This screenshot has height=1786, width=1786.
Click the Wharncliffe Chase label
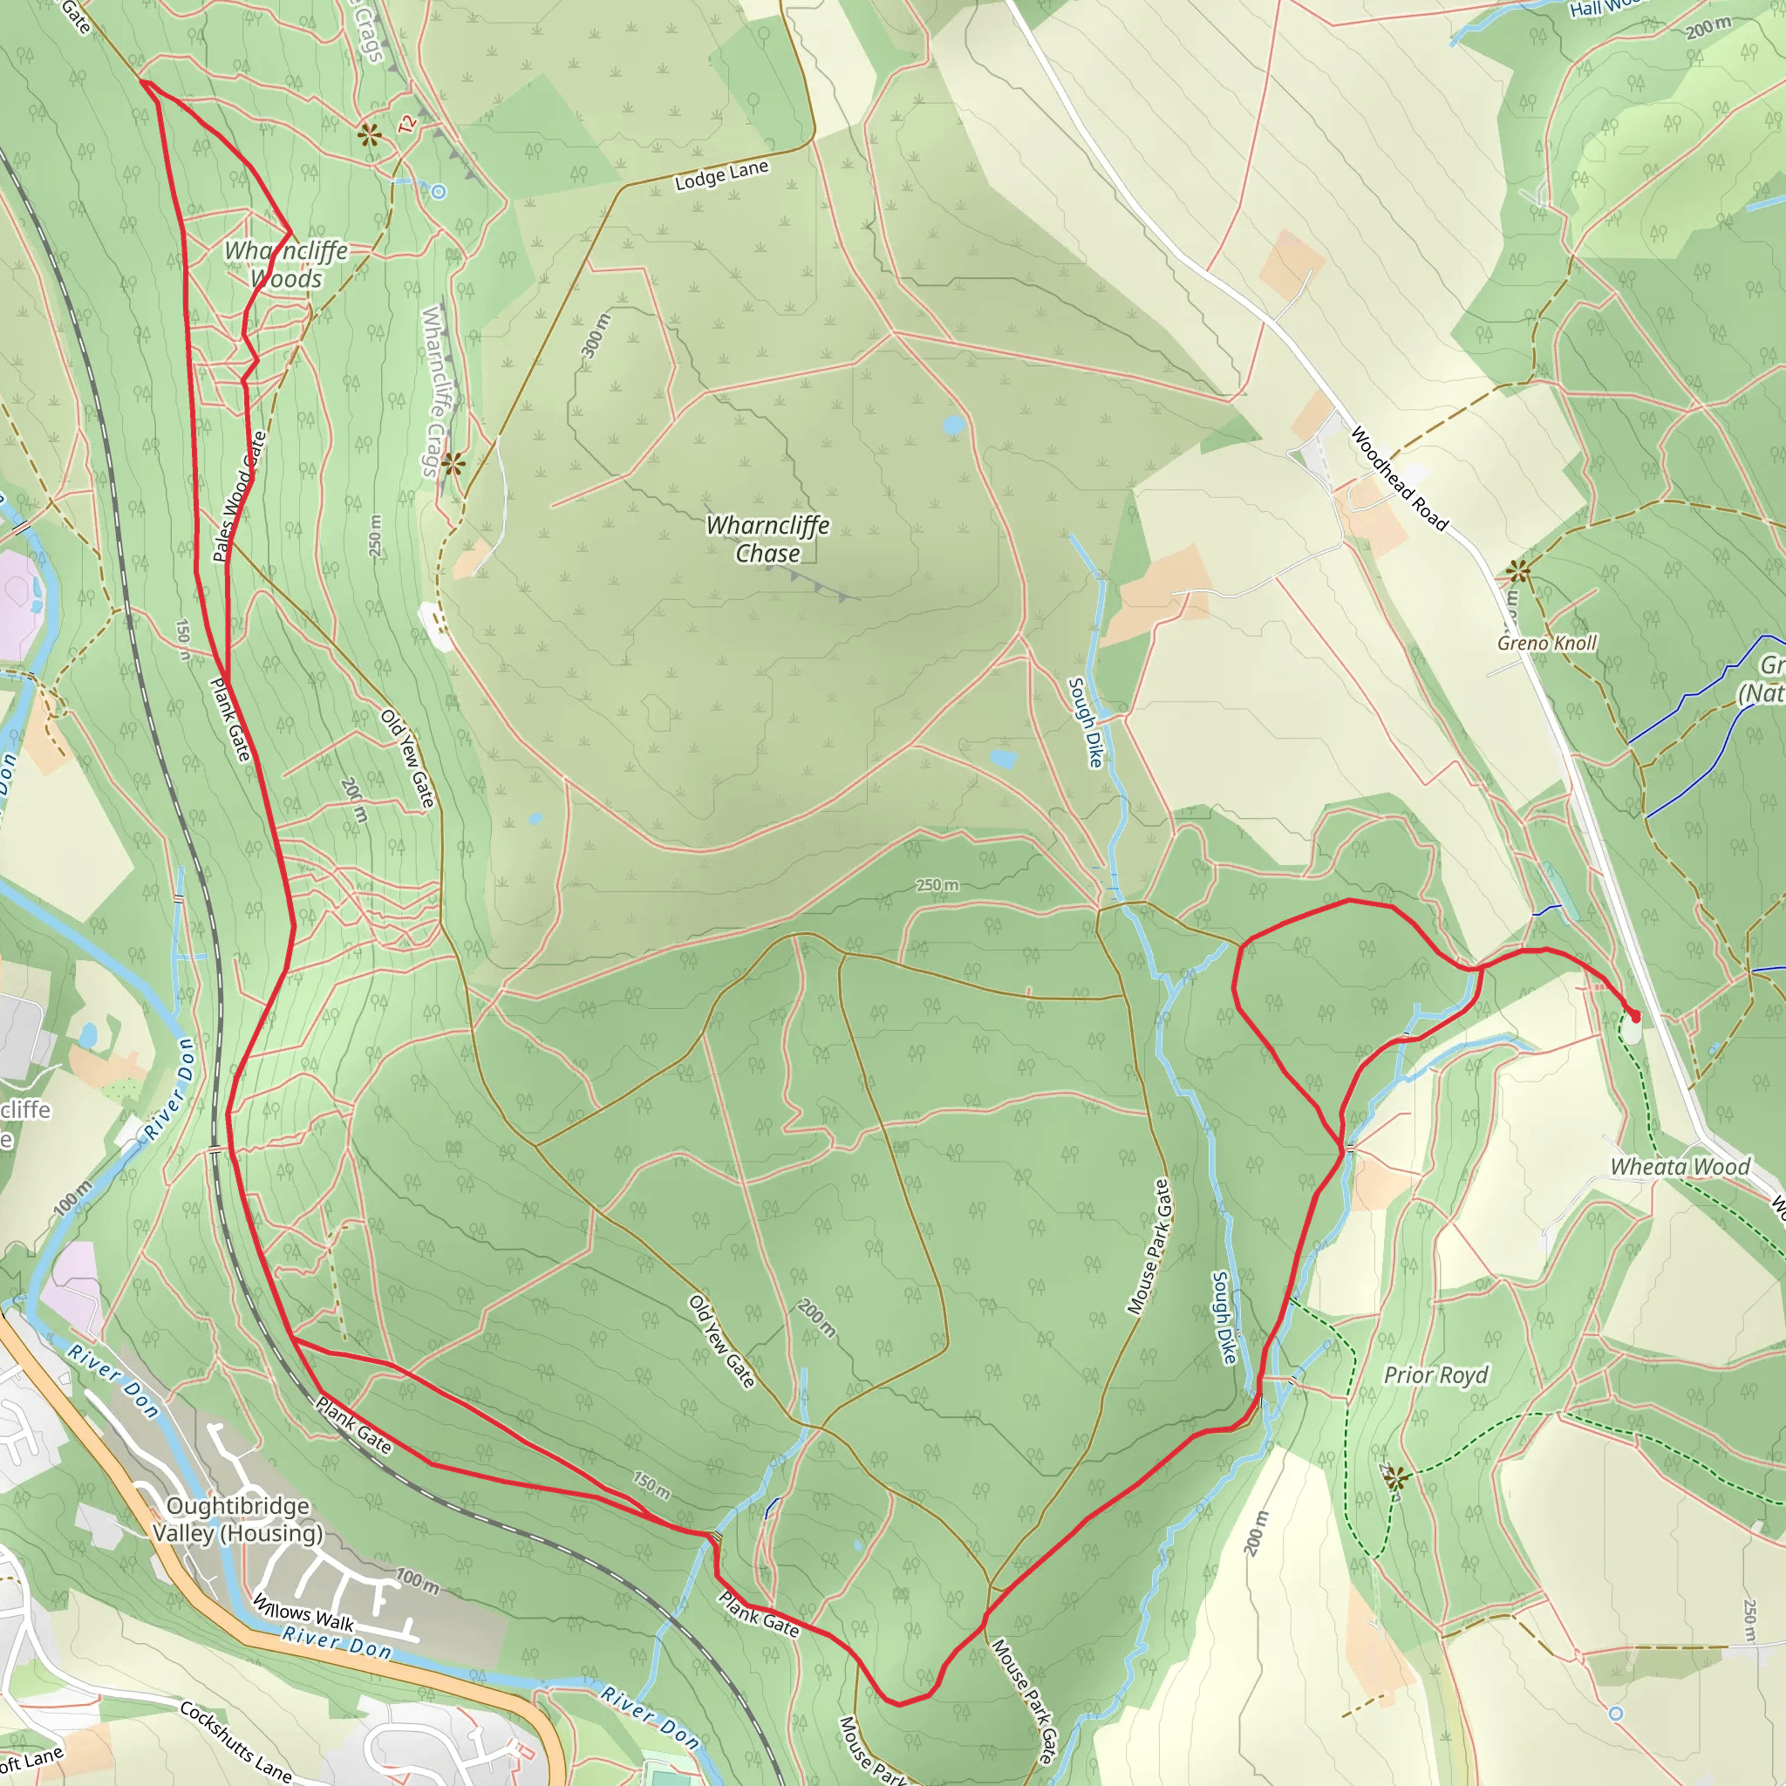pyautogui.click(x=767, y=539)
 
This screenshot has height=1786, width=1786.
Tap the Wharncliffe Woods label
pyautogui.click(x=287, y=264)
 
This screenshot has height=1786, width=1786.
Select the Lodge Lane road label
pyautogui.click(x=721, y=175)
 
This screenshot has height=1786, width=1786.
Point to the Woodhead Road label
pyautogui.click(x=1400, y=478)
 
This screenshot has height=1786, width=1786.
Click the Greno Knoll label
pyautogui.click(x=1546, y=643)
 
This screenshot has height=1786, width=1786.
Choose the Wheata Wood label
pyautogui.click(x=1680, y=1167)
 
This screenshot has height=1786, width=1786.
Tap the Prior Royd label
pyautogui.click(x=1435, y=1374)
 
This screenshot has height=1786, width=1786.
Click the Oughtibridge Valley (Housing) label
pyautogui.click(x=238, y=1519)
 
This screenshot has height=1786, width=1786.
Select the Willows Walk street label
pyautogui.click(x=303, y=1612)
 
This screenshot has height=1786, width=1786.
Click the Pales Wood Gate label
pyautogui.click(x=238, y=496)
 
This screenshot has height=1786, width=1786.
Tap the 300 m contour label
pyautogui.click(x=596, y=335)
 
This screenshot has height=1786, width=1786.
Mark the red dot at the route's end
pyautogui.click(x=1634, y=1017)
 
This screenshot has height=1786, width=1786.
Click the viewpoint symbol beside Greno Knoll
pyautogui.click(x=1518, y=573)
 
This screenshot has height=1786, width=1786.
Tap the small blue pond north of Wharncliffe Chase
pyautogui.click(x=953, y=426)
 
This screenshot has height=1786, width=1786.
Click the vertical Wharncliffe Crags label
pyautogui.click(x=433, y=392)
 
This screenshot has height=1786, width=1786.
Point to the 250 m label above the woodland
pyautogui.click(x=937, y=884)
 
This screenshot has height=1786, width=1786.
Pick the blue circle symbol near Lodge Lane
pyautogui.click(x=438, y=192)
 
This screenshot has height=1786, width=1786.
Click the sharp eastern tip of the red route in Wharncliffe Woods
pyautogui.click(x=291, y=231)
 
